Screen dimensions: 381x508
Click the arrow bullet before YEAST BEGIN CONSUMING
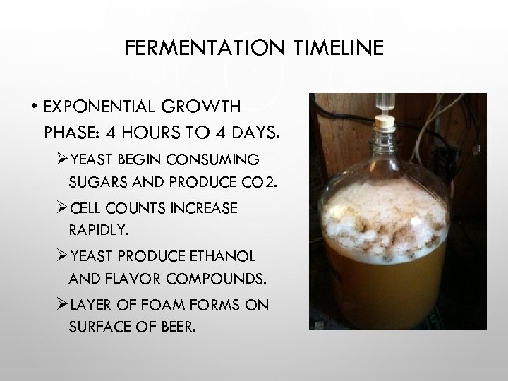(x=61, y=158)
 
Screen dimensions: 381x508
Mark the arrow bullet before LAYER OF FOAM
(x=61, y=304)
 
